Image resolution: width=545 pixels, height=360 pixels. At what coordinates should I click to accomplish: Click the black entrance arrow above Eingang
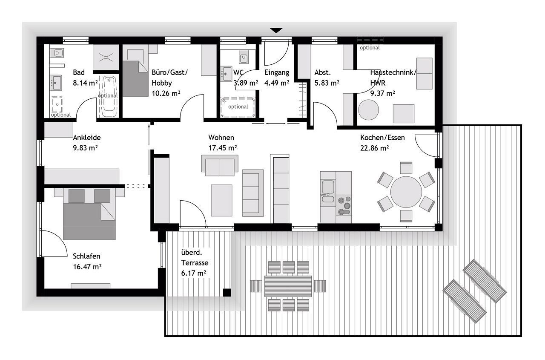pos(276,30)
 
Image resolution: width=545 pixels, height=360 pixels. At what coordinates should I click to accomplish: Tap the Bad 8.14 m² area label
pos(85,78)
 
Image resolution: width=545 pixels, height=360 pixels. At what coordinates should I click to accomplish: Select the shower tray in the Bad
pos(106,58)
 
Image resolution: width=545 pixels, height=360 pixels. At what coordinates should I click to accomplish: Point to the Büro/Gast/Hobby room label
pos(169,83)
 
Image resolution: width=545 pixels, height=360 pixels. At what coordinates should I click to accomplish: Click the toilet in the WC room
pos(244,58)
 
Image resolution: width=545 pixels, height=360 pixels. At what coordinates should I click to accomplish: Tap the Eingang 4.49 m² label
pos(277,78)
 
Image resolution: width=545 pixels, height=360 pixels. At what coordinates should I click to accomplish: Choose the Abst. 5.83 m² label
pos(327,78)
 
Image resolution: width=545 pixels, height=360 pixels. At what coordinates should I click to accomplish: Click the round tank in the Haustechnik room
pos(369,110)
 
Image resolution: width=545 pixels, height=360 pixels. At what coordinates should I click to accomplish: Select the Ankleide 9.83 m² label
pos(86,143)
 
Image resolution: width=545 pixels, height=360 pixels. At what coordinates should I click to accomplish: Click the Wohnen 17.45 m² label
pos(223,143)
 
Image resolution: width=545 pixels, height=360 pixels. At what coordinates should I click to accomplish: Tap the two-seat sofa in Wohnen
pos(220,165)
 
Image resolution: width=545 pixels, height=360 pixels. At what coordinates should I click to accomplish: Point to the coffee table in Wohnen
pos(222,200)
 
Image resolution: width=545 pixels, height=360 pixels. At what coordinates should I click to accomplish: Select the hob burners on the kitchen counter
pos(344,205)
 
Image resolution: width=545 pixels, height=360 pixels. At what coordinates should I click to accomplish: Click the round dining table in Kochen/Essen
pos(406,192)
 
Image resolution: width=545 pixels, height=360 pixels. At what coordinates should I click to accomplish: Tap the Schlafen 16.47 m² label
pos(87,262)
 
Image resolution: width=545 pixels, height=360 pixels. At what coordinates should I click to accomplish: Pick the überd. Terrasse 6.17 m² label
pos(195,263)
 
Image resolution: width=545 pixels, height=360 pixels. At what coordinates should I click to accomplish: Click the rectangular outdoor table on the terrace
pos(288,286)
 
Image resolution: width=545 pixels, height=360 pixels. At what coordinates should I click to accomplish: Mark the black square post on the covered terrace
pos(227,292)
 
